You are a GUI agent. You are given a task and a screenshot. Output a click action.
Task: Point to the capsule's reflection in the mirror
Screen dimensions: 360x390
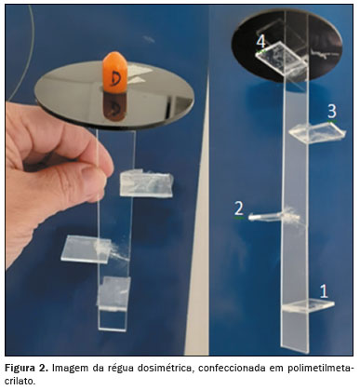(x=115, y=106)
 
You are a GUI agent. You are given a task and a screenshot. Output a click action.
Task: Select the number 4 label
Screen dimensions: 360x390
(x=261, y=42)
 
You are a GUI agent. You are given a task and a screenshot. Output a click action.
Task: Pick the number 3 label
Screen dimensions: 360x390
(x=332, y=111)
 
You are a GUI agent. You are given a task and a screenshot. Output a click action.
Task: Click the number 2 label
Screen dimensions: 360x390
(x=239, y=209)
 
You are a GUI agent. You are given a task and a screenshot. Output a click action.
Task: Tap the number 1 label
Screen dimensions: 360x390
(x=324, y=291)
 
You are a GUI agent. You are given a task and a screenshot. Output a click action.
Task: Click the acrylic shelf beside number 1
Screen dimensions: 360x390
(x=308, y=305)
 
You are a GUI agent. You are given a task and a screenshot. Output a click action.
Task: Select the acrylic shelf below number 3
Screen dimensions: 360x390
(x=317, y=133)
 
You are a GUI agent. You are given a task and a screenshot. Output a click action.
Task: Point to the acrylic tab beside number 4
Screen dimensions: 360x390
(x=282, y=58)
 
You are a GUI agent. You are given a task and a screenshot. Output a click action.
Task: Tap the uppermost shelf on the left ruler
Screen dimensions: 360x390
(x=146, y=185)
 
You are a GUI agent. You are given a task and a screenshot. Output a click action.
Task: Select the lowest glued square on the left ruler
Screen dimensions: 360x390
(x=113, y=292)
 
